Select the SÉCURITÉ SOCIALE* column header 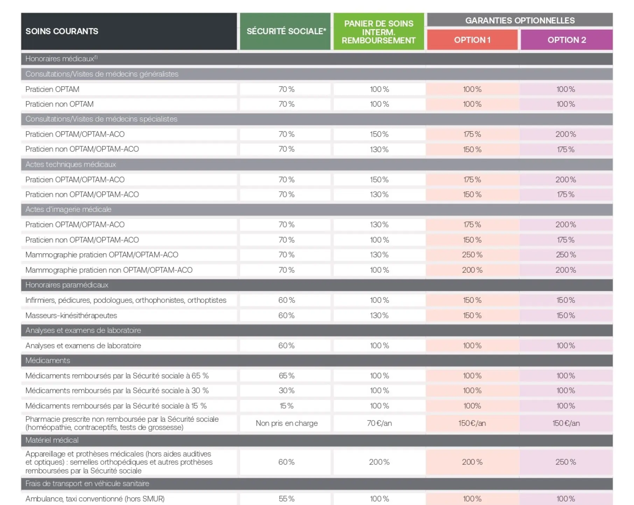tap(286, 31)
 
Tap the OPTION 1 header tap(472, 40)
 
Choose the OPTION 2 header tap(566, 40)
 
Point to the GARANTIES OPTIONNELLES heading tap(520, 20)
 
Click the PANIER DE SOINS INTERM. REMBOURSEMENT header tap(379, 32)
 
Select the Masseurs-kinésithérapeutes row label tap(71, 315)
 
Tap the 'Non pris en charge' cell tap(287, 423)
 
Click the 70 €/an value tap(379, 423)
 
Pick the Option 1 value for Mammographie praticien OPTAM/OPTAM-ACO tap(472, 255)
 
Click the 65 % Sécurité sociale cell tap(287, 376)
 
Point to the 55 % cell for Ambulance tap(287, 499)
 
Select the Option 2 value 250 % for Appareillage tap(566, 462)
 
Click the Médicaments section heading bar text tap(48, 361)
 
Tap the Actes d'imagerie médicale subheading tap(68, 209)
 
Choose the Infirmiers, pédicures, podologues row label tap(126, 300)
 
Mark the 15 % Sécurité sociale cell tap(287, 406)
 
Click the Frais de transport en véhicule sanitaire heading tap(87, 484)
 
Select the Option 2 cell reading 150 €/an tap(566, 423)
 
